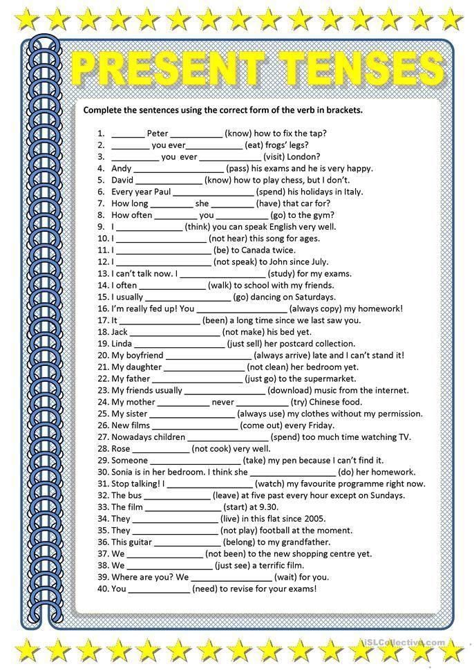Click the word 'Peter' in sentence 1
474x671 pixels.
158,133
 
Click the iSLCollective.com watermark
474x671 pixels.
404,643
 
